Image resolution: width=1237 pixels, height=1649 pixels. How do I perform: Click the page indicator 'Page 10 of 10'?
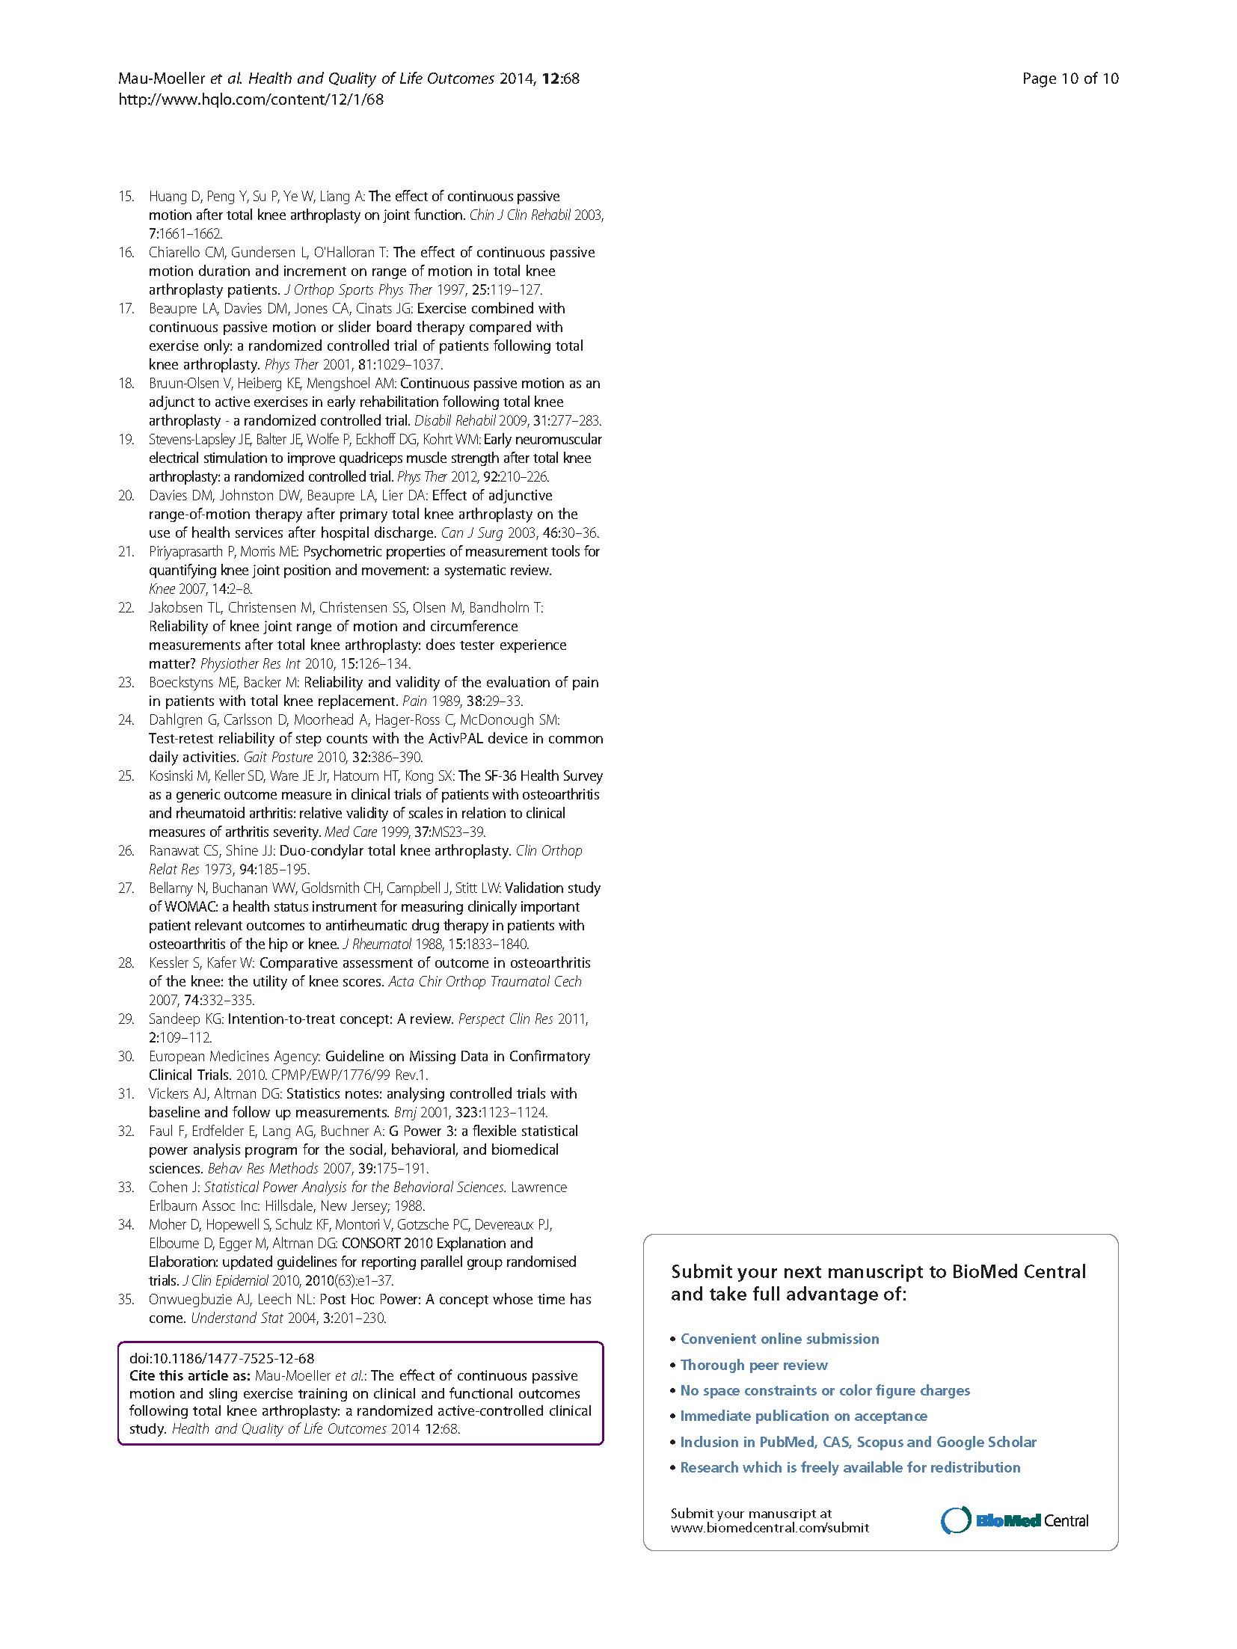tap(1069, 79)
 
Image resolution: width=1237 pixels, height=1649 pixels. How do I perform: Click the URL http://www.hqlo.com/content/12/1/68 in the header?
tap(251, 99)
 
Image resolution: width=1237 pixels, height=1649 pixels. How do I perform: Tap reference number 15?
tap(126, 197)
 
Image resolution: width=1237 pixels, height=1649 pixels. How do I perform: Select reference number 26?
tap(126, 851)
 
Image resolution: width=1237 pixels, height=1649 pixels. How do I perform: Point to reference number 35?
tap(126, 1300)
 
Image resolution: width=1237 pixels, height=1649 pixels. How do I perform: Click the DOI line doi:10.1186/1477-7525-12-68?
tap(221, 1358)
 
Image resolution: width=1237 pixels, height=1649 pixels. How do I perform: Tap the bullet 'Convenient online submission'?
tap(779, 1339)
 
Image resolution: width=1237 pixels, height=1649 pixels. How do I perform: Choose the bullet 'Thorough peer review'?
tap(754, 1365)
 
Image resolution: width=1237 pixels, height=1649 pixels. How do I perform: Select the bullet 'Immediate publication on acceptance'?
tap(803, 1416)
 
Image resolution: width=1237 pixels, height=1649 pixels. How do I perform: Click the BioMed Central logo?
tap(1014, 1520)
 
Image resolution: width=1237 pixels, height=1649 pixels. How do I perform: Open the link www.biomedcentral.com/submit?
tap(770, 1528)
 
